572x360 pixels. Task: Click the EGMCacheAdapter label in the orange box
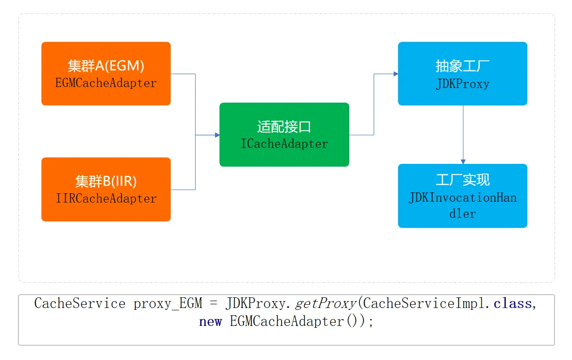(106, 83)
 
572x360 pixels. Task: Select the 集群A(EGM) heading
(106, 66)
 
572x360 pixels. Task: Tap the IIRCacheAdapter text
(106, 199)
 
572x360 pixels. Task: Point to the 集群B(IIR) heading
(106, 181)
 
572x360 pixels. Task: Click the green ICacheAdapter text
(284, 144)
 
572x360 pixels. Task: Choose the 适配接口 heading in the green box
(284, 127)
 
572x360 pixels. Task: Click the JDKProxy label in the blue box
(462, 84)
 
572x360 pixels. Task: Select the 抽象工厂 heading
(462, 66)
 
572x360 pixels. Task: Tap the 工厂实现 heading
(462, 180)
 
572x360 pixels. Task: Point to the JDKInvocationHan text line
(462, 198)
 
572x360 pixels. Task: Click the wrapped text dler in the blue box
(462, 214)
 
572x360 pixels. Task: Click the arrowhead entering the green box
(217, 135)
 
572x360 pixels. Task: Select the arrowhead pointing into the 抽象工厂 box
(395, 74)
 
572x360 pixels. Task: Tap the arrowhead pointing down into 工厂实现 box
(462, 161)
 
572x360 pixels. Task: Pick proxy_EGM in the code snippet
(168, 304)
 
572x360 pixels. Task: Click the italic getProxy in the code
(326, 304)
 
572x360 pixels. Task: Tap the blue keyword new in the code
(210, 321)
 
